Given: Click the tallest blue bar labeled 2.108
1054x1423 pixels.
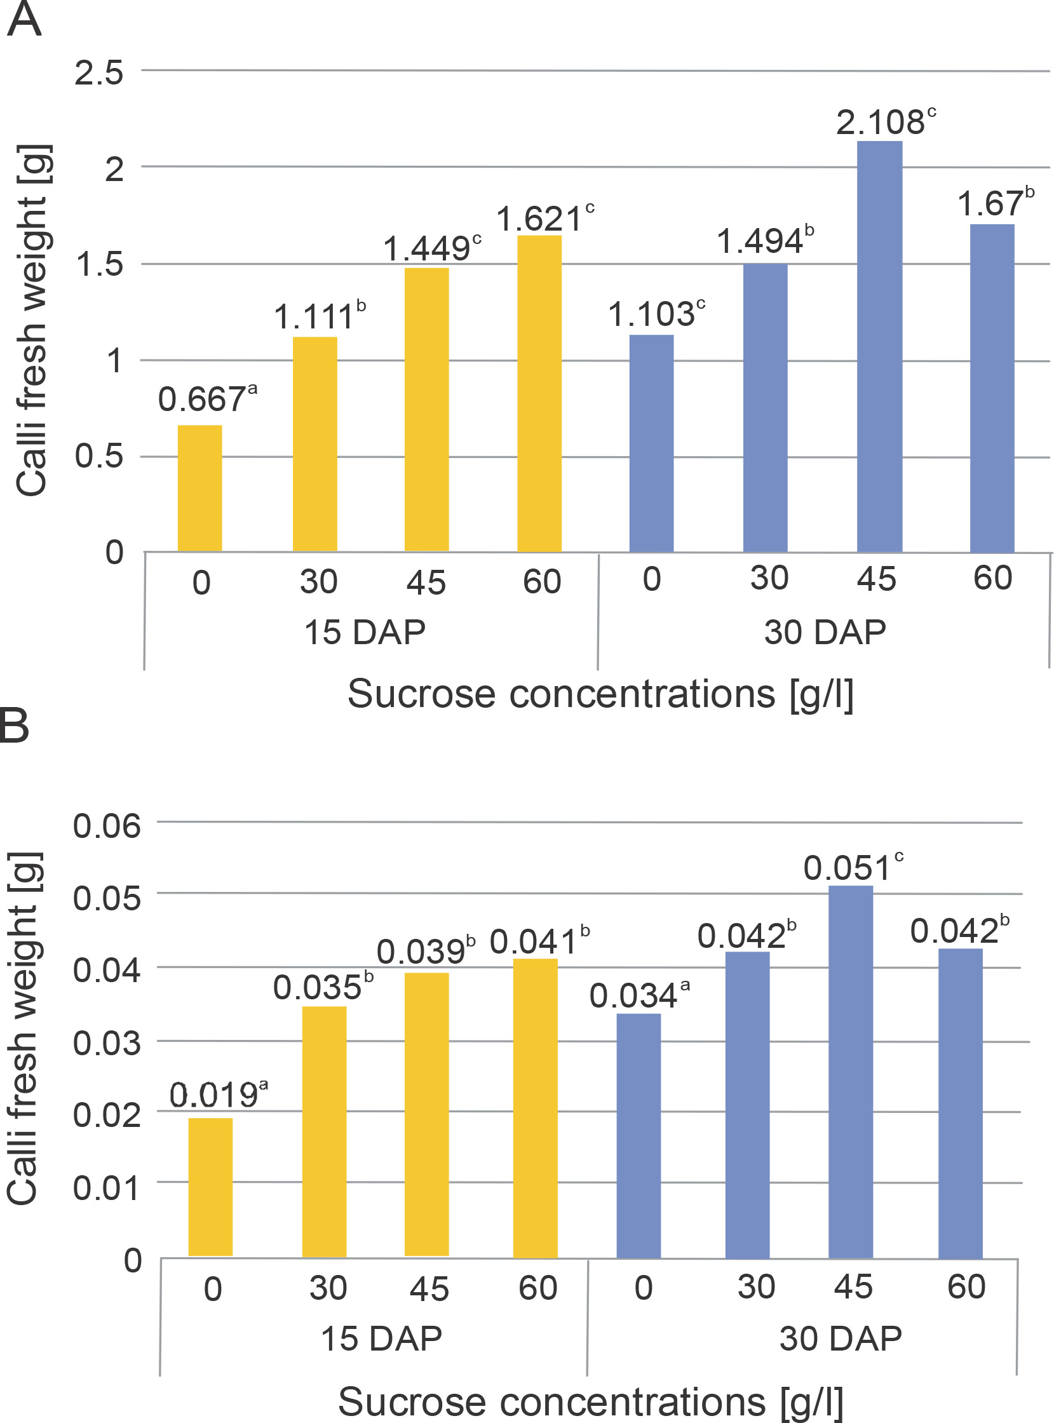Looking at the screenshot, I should tap(879, 346).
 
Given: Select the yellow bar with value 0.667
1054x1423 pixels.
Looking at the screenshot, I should tap(199, 488).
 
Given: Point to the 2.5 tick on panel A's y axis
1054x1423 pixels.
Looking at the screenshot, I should tap(99, 72).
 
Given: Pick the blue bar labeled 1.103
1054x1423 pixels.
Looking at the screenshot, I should tap(651, 443).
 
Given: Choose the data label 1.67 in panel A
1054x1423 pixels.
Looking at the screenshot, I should tap(990, 204).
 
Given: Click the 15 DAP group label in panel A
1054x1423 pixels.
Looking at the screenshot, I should tap(364, 632).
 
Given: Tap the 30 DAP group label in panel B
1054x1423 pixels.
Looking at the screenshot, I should tap(841, 1338).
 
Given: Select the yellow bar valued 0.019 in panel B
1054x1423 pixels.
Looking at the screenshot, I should tap(210, 1187).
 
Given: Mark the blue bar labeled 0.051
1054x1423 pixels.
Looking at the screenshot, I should tap(851, 1072).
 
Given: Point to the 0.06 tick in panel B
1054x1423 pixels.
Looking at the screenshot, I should tap(107, 826).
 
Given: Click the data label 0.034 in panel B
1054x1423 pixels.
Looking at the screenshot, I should tap(633, 996).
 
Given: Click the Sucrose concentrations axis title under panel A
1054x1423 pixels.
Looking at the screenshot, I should tap(600, 694).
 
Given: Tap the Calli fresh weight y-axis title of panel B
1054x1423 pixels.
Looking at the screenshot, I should tap(24, 1027).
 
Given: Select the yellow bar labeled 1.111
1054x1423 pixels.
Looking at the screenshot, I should tap(314, 444).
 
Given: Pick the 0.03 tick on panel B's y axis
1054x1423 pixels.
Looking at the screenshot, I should tap(107, 1044).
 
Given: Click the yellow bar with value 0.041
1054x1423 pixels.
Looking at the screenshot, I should tap(536, 1108).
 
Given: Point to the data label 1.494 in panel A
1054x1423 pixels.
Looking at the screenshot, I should tap(760, 242).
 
